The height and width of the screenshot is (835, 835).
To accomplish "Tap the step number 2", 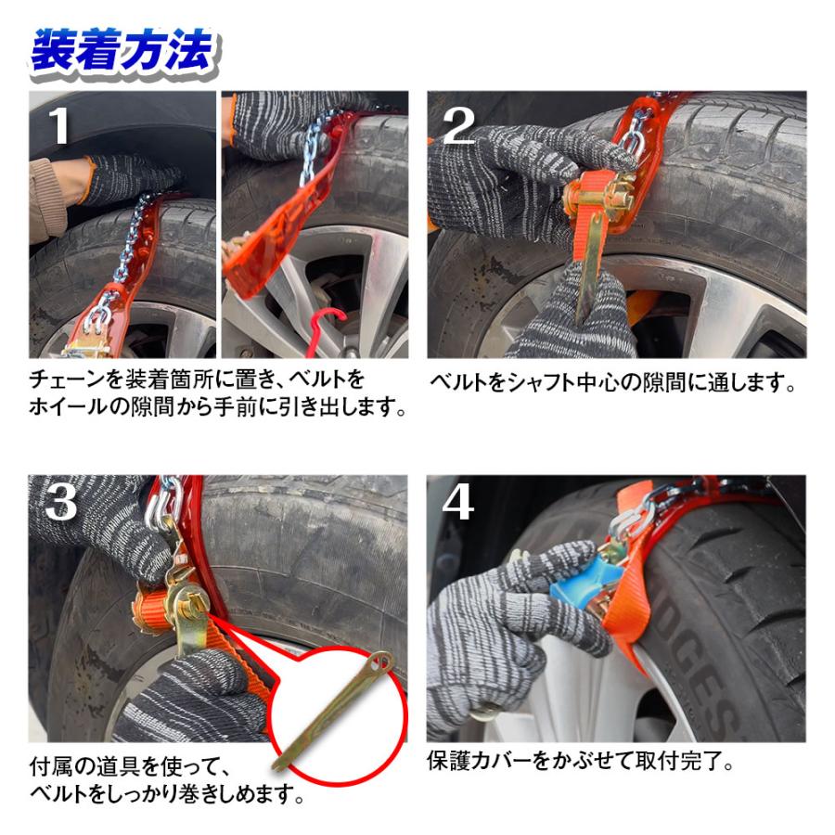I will [458, 126].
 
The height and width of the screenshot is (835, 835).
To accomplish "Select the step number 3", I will [60, 503].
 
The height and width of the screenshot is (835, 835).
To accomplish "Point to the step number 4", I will [458, 503].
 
